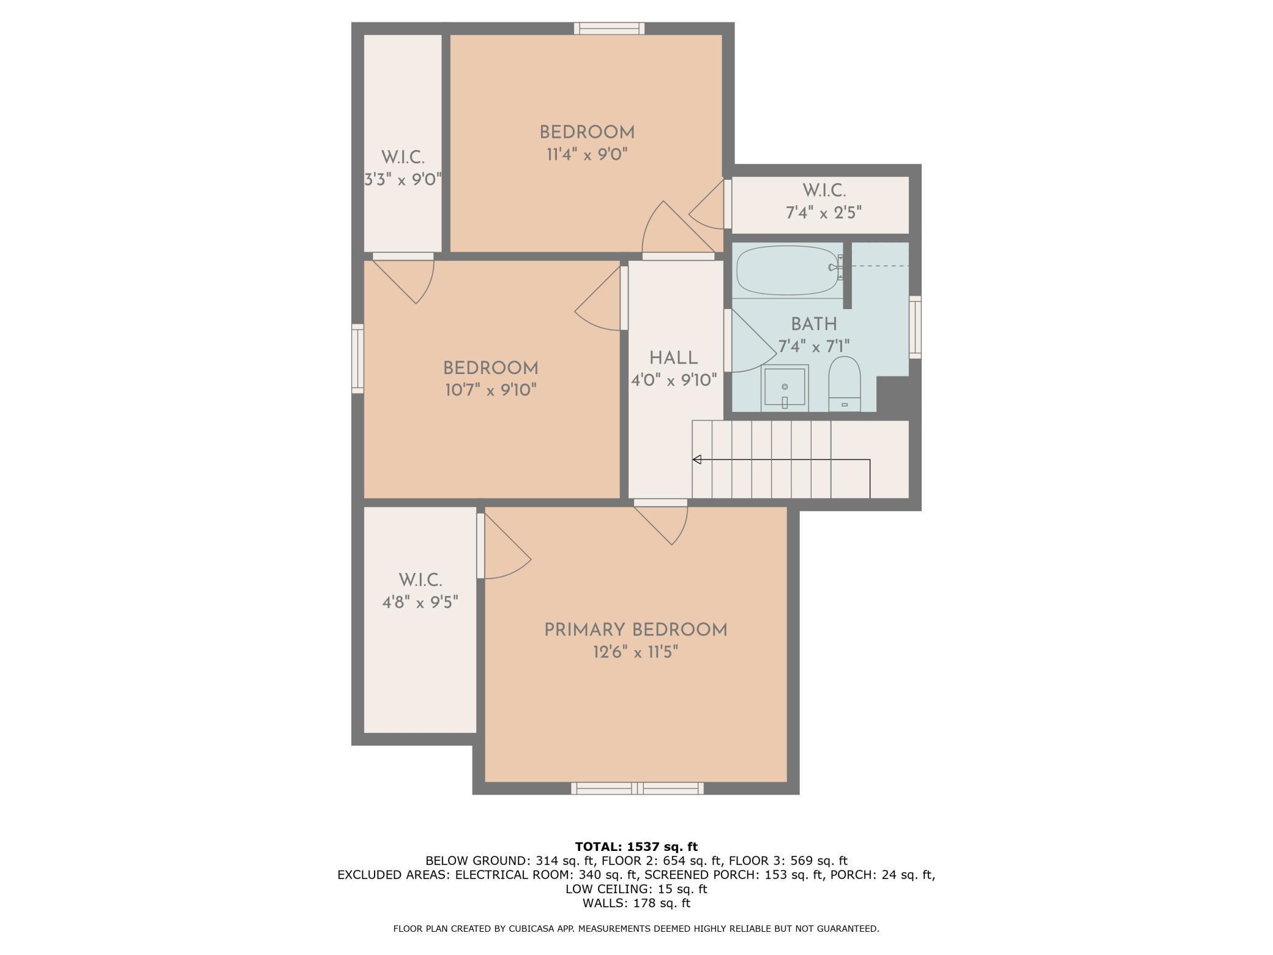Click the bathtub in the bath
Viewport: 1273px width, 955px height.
coord(786,271)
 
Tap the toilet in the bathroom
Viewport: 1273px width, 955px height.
coord(845,384)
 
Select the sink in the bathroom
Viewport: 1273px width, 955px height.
coord(785,388)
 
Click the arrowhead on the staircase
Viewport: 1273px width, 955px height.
coord(696,460)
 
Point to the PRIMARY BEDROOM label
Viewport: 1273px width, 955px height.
coord(635,630)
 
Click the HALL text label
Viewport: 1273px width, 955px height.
coord(673,358)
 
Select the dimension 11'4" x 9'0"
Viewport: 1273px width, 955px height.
coord(587,154)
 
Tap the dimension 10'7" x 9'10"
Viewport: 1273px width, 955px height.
coord(491,390)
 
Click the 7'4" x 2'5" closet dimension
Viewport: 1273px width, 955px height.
coord(824,213)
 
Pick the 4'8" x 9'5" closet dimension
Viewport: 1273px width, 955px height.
coord(420,602)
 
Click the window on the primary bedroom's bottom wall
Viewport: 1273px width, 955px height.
coord(637,788)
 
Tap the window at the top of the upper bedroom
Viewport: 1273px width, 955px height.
coord(609,28)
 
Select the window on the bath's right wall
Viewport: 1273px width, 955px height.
coord(915,327)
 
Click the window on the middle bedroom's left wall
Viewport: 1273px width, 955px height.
coord(357,359)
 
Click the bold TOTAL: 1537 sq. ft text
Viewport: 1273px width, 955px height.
coord(636,847)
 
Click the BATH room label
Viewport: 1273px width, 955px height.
coord(813,324)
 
